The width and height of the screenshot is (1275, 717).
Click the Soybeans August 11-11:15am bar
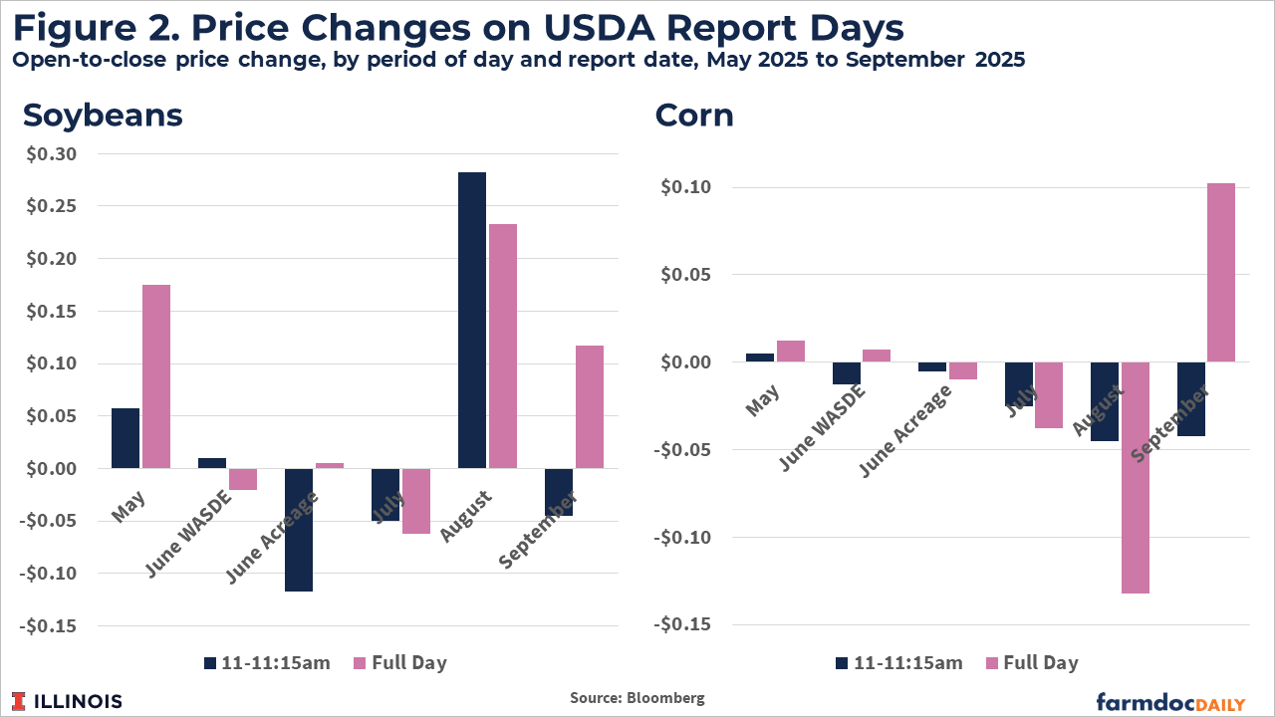pyautogui.click(x=471, y=320)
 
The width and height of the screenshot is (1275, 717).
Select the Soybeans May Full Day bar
pyautogui.click(x=156, y=376)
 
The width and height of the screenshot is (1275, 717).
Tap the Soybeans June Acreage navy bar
pyautogui.click(x=298, y=530)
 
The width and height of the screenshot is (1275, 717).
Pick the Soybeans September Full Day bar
pyautogui.click(x=589, y=406)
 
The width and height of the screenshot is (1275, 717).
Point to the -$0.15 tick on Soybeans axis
pyautogui.click(x=58, y=626)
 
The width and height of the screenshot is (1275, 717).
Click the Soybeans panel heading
pyautogui.click(x=103, y=115)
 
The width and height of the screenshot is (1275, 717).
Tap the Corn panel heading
pyautogui.click(x=694, y=115)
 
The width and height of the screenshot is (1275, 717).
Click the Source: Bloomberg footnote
pyautogui.click(x=637, y=698)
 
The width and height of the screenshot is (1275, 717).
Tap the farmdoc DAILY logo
pyautogui.click(x=1170, y=701)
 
